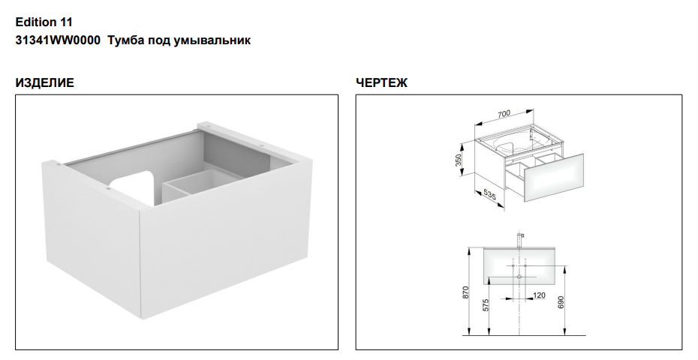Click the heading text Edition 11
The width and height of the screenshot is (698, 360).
44,22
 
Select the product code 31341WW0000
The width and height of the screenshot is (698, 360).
58,40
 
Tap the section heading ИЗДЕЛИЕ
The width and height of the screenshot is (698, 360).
44,83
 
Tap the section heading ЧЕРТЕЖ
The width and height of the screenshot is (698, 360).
381,83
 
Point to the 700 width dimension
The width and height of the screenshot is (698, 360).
504,114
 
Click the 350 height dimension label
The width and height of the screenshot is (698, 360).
458,160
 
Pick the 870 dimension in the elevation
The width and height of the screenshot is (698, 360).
466,292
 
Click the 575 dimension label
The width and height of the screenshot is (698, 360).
486,304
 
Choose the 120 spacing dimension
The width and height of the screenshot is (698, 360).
539,295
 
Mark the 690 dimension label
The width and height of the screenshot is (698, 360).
561,302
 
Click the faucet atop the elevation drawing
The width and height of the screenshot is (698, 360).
519,238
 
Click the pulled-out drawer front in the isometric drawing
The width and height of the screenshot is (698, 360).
553,178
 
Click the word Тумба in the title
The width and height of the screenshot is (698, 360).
123,40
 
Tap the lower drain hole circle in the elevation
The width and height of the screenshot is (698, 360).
519,277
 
